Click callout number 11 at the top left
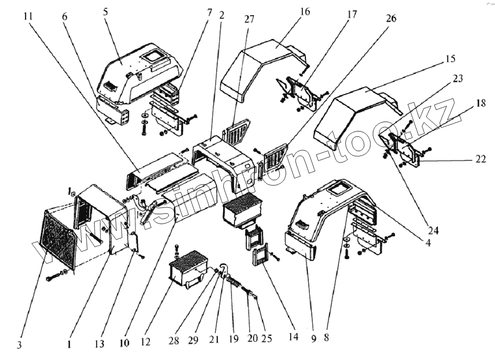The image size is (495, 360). tap(28, 16)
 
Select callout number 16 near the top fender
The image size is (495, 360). tap(305, 11)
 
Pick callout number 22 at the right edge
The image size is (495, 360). tap(481, 159)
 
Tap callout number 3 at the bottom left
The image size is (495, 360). tap(19, 345)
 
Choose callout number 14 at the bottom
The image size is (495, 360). tap(294, 338)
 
